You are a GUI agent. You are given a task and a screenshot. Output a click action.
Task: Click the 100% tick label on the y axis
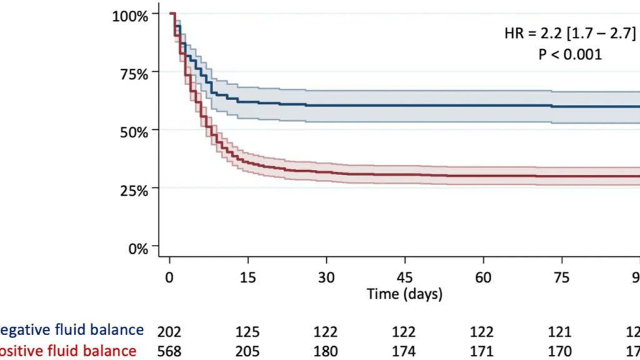click(130, 15)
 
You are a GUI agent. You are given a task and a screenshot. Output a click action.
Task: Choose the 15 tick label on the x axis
click(248, 277)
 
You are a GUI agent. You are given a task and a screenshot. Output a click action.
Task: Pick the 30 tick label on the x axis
click(326, 277)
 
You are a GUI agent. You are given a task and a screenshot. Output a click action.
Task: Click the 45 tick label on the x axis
click(405, 277)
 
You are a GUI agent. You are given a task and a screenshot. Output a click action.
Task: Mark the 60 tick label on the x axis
click(483, 277)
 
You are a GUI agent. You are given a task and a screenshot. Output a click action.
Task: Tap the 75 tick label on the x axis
click(562, 277)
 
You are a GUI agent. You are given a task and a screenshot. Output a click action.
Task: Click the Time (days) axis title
click(404, 293)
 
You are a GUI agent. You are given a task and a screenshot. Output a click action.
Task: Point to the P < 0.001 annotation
click(570, 54)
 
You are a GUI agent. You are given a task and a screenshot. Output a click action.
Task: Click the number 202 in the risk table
click(169, 330)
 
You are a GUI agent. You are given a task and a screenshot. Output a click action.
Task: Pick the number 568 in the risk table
click(169, 350)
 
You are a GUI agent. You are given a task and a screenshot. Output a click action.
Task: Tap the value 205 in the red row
click(248, 350)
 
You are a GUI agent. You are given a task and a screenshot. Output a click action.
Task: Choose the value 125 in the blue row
click(248, 330)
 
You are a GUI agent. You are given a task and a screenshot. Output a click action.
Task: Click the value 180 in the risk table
click(326, 350)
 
